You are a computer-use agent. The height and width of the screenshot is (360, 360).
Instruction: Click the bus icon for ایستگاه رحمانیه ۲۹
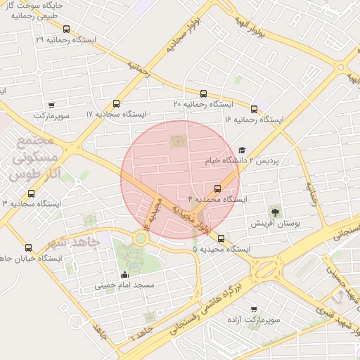point(67,30)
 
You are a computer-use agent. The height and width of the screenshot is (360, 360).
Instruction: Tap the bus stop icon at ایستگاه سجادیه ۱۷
point(116,103)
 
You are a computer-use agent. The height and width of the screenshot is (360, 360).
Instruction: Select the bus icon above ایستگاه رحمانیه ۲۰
point(203,94)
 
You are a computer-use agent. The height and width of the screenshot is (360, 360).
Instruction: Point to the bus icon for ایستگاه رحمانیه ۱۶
point(254,109)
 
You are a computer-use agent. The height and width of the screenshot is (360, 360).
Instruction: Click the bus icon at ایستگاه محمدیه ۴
point(217,188)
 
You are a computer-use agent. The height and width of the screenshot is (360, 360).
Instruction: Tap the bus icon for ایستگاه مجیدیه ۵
point(221,238)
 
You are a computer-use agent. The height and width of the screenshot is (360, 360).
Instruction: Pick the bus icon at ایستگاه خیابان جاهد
point(29,247)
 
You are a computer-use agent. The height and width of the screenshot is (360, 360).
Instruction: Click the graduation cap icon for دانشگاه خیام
point(243,150)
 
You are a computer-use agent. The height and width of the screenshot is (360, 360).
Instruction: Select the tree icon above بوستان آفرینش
point(274,211)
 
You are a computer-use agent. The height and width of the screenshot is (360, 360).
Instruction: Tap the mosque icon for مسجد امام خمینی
point(125,274)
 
